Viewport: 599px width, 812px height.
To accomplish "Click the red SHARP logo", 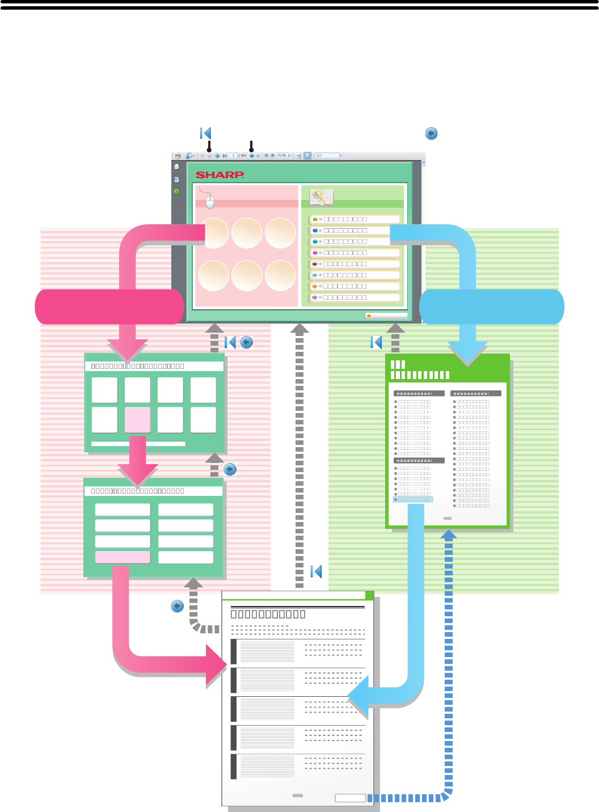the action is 220,175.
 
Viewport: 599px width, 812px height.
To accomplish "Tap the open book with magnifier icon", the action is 321,197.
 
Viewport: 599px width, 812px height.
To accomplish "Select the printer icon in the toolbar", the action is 178,155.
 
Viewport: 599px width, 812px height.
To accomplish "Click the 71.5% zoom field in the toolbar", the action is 282,155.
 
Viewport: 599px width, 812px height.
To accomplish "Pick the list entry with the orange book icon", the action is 355,287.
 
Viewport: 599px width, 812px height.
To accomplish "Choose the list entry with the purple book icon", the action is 355,297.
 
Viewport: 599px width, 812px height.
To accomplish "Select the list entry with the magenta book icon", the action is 355,253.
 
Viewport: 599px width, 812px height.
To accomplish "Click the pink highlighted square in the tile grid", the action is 137,420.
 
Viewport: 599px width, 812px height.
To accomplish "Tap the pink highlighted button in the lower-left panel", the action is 123,557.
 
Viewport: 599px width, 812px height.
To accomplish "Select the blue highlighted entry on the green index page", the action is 414,500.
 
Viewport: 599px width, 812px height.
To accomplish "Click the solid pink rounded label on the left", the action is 109,306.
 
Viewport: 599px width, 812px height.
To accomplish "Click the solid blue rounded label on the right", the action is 492,306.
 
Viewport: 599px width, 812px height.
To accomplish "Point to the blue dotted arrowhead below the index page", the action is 449,535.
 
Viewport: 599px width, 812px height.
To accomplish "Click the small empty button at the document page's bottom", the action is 350,798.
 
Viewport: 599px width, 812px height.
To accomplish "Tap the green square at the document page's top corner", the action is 369,595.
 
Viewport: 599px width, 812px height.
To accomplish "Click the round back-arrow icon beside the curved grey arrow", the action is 177,606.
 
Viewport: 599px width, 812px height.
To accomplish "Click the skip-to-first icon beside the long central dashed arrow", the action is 317,571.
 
